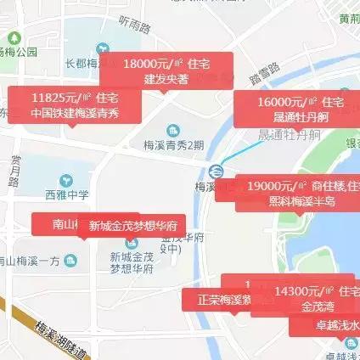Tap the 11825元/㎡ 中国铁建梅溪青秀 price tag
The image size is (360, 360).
75,104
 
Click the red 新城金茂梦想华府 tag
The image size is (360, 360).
132,226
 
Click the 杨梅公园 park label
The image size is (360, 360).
19,51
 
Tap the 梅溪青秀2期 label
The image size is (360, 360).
174,144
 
